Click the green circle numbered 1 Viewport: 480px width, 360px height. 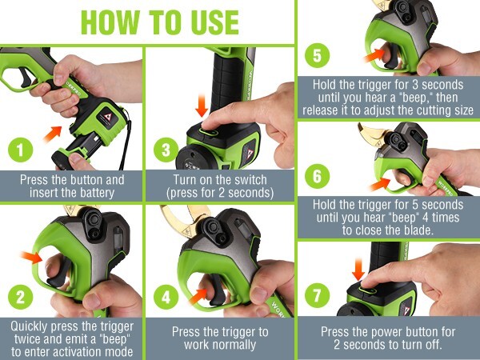[18, 150]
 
